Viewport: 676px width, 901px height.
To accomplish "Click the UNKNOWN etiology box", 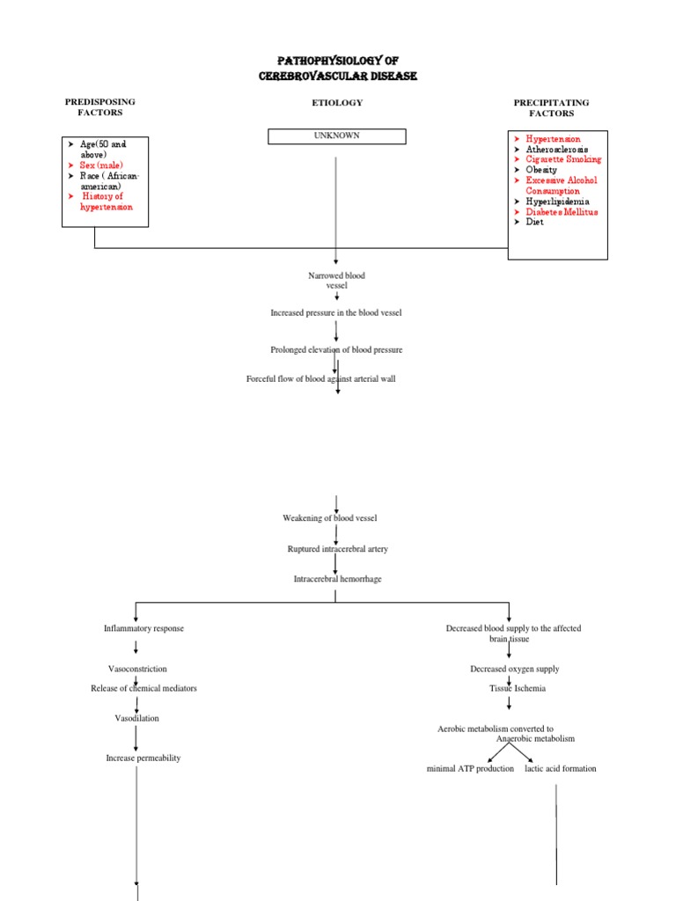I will pos(336,136).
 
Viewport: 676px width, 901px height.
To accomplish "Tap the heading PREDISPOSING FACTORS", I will pos(100,107).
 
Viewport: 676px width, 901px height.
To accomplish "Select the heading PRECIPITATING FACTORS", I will pos(551,107).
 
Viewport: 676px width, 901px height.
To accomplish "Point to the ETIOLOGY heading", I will pos(336,103).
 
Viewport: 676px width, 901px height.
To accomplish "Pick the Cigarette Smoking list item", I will pos(563,159).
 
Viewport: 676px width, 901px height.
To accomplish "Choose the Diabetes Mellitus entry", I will pos(562,212).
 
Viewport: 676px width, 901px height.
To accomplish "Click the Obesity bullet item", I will pos(541,170).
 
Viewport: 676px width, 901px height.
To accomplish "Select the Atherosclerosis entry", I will pos(557,150).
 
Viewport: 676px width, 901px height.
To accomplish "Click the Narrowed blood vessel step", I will pos(336,281).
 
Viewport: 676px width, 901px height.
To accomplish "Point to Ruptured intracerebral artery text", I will pos(337,549).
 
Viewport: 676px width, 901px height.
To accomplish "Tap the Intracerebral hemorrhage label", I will pos(337,580).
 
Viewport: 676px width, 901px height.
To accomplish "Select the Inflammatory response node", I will pos(143,628).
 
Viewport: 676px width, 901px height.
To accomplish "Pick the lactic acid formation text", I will pos(560,768).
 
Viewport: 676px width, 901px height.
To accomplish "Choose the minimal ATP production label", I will pos(470,768).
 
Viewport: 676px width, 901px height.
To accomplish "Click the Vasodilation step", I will pos(137,718).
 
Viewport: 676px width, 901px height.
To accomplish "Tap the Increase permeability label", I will pos(143,758).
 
